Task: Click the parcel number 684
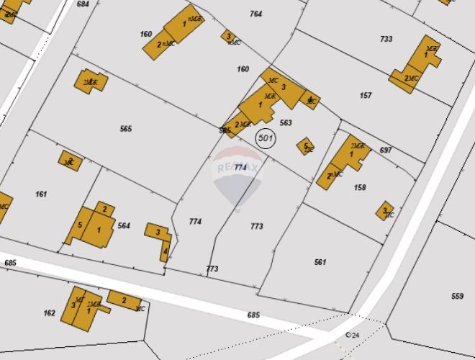click(x=83, y=4)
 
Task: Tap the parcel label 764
click(x=256, y=14)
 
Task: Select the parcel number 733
click(x=386, y=39)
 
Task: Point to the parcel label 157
click(x=366, y=96)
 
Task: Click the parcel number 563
click(x=286, y=123)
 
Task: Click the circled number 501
click(x=266, y=138)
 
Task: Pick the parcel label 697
click(x=386, y=150)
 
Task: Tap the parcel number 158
click(x=361, y=188)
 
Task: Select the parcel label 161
click(x=41, y=194)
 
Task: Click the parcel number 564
click(x=124, y=226)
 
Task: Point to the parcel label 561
click(x=320, y=262)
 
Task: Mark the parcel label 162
click(x=50, y=313)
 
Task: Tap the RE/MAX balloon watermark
click(x=237, y=176)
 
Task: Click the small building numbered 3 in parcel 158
click(x=385, y=210)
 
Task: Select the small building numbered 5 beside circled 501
click(x=305, y=147)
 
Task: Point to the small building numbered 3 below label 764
click(x=229, y=36)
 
